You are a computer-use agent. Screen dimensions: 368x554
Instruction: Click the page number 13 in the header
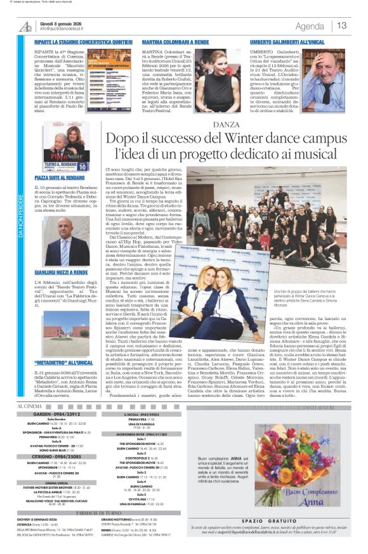[341, 25]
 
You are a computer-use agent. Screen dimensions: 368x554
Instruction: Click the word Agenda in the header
[309, 26]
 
